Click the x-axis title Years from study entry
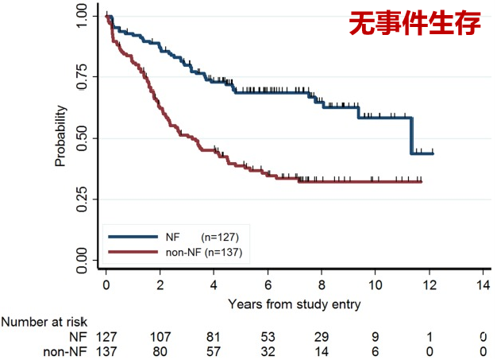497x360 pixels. pos(295,304)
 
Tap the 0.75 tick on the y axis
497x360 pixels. pos(83,77)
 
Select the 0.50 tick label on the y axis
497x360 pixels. pos(83,138)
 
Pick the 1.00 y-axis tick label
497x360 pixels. pos(83,16)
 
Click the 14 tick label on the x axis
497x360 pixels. pos(484,285)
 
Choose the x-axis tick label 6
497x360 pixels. pos(268,285)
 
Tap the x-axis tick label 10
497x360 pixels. pos(376,285)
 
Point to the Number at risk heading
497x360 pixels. pos(44,322)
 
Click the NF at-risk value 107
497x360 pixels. pos(160,336)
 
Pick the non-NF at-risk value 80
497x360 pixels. pos(160,350)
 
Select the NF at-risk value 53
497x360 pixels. pos(268,336)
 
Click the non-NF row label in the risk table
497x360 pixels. pos(67,350)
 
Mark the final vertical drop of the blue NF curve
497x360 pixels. pos(411,135)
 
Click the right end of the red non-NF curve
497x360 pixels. pos(421,182)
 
